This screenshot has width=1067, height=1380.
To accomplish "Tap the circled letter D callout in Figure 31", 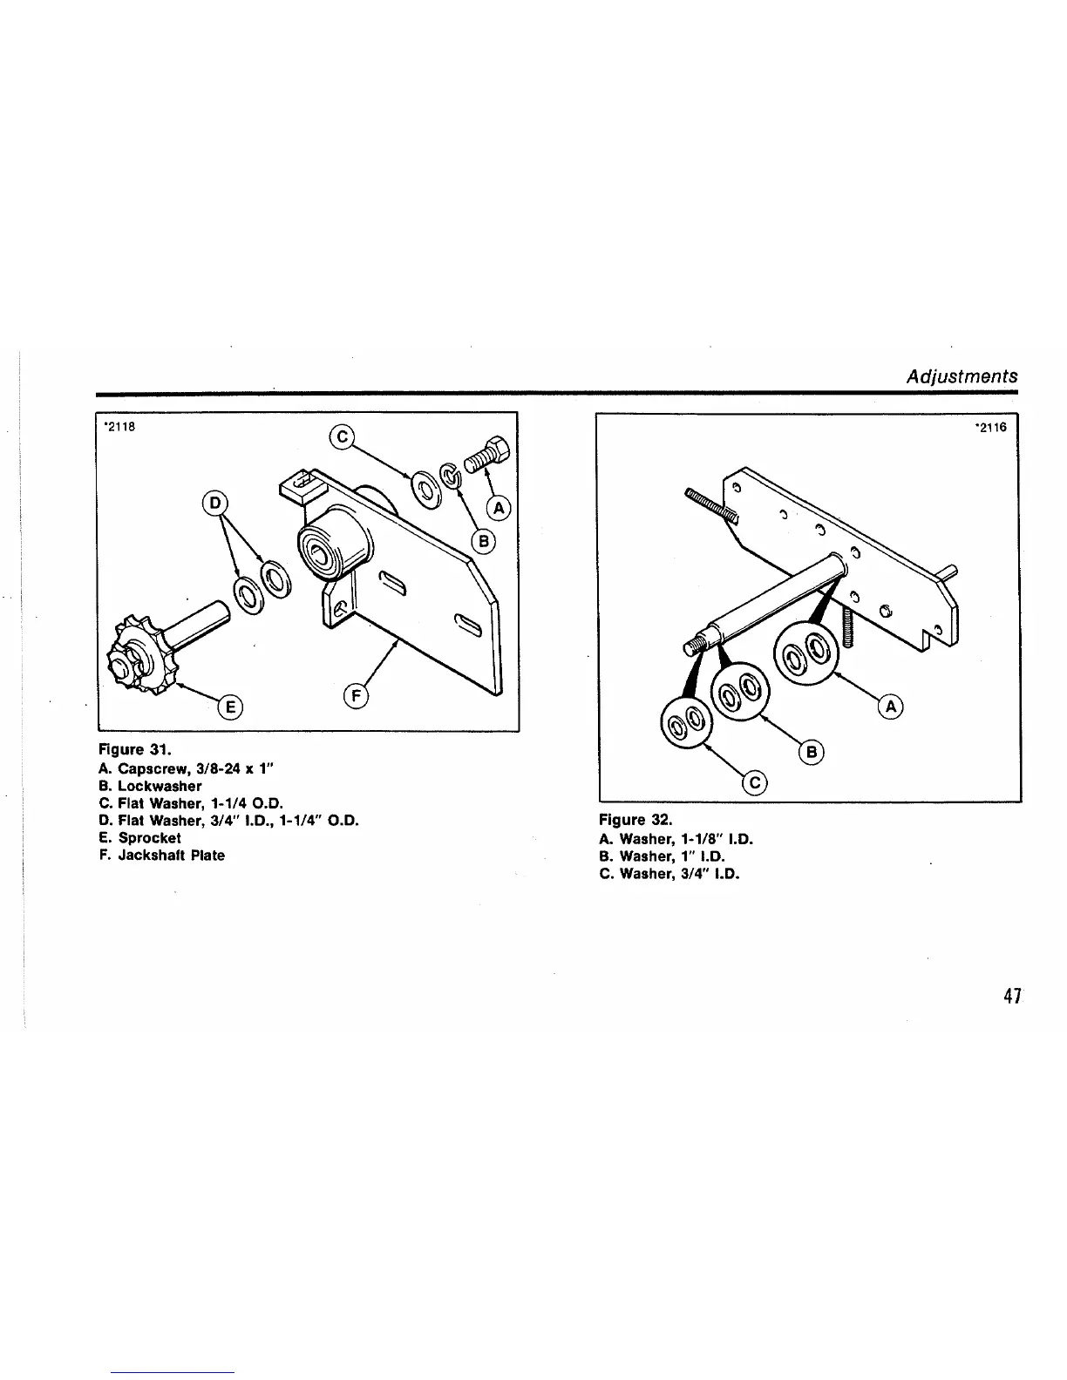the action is click(x=214, y=504).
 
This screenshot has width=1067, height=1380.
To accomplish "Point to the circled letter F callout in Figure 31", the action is click(x=357, y=695).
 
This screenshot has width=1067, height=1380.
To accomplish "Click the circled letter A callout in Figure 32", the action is click(x=892, y=707).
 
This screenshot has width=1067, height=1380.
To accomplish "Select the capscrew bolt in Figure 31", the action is click(x=489, y=455).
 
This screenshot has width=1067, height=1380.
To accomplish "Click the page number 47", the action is click(x=1011, y=996).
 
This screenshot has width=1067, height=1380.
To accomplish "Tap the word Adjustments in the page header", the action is click(x=962, y=376).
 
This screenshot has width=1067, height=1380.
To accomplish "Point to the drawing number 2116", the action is click(x=992, y=429).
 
